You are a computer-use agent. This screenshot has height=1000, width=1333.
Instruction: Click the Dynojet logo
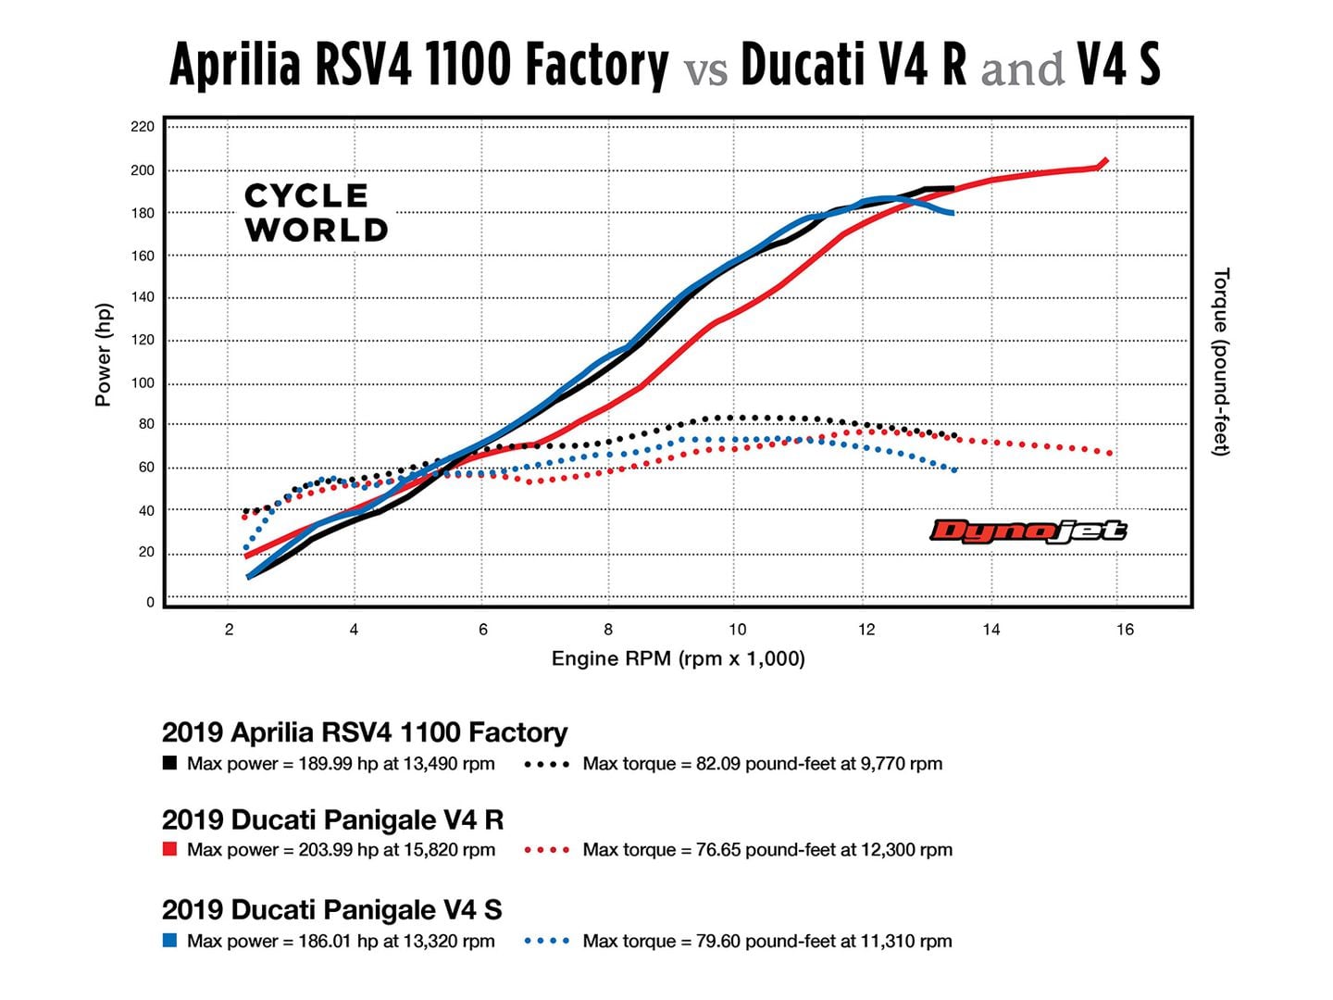tap(1028, 531)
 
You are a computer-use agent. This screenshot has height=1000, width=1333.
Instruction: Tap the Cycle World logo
tap(315, 213)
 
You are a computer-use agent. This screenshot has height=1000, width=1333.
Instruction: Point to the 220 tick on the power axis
tap(143, 127)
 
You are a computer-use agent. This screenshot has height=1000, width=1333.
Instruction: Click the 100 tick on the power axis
tap(143, 383)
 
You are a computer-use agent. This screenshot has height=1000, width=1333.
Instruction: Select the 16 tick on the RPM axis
tap(1125, 630)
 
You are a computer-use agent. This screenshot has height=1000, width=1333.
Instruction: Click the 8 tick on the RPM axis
tap(608, 630)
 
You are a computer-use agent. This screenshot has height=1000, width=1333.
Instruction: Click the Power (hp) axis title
tap(103, 355)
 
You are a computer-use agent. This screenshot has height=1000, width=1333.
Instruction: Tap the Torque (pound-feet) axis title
tap(1221, 361)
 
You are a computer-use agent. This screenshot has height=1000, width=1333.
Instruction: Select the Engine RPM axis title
tap(678, 658)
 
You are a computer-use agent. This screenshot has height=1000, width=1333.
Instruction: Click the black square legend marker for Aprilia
tap(169, 764)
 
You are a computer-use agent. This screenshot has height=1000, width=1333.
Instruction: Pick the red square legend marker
tap(169, 849)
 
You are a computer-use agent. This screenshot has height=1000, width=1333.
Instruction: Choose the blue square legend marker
tap(169, 941)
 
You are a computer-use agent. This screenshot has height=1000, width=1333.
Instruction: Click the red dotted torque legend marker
tap(546, 850)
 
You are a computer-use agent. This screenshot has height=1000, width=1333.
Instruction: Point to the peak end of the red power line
tap(1104, 161)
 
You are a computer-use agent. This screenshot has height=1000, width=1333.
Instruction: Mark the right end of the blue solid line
tap(952, 214)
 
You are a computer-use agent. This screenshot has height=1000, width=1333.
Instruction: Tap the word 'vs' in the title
tap(705, 70)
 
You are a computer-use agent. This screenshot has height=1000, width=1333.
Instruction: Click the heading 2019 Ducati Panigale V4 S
tap(331, 909)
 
